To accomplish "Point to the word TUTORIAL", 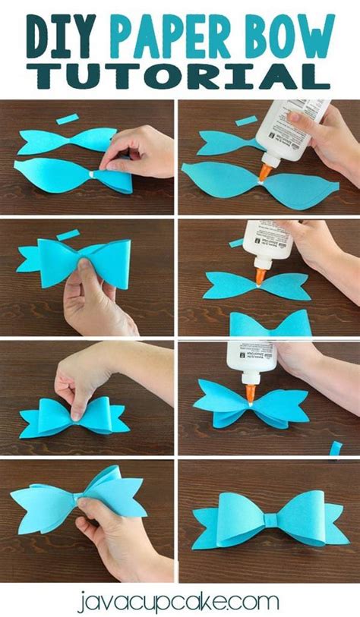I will pyautogui.click(x=179, y=77).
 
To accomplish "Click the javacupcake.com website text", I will pyautogui.click(x=179, y=601).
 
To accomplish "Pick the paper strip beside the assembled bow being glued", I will pyautogui.click(x=335, y=447).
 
